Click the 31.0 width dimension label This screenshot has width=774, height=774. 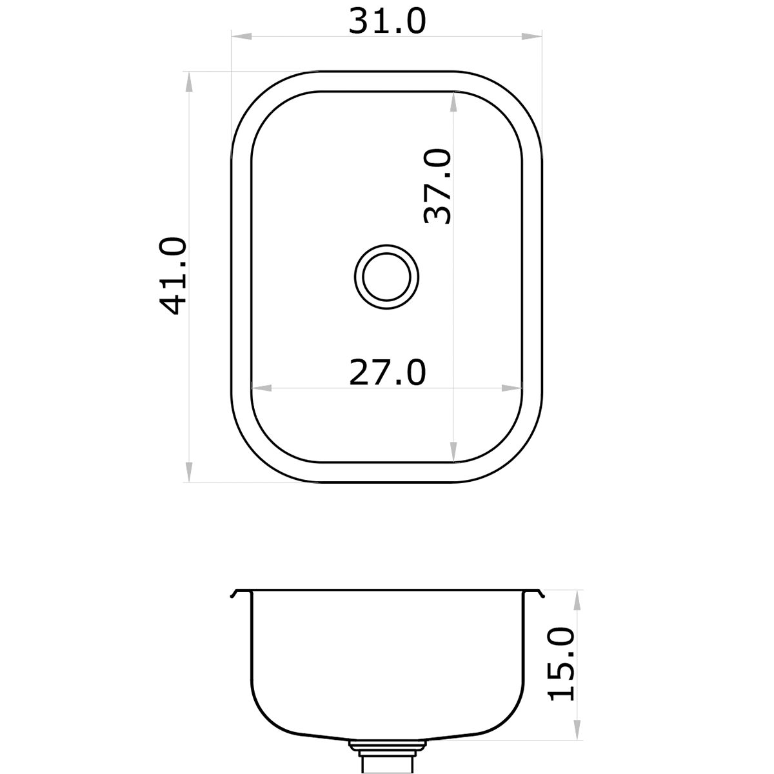[x=387, y=21]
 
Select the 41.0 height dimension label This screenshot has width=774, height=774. [x=174, y=276]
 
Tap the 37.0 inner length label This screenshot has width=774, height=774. [x=439, y=186]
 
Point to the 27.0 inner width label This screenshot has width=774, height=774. [x=387, y=372]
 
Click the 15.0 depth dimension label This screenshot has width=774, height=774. [x=561, y=664]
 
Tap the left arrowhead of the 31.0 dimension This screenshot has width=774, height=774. [x=240, y=37]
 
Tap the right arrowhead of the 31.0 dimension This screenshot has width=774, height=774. [x=533, y=37]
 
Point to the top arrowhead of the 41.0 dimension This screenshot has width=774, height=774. [x=188, y=81]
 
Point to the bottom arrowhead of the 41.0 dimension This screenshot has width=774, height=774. [x=188, y=471]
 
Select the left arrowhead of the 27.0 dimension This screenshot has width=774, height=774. [x=260, y=388]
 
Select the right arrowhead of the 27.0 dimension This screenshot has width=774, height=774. [x=512, y=388]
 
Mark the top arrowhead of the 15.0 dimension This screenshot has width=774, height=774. [x=577, y=600]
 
